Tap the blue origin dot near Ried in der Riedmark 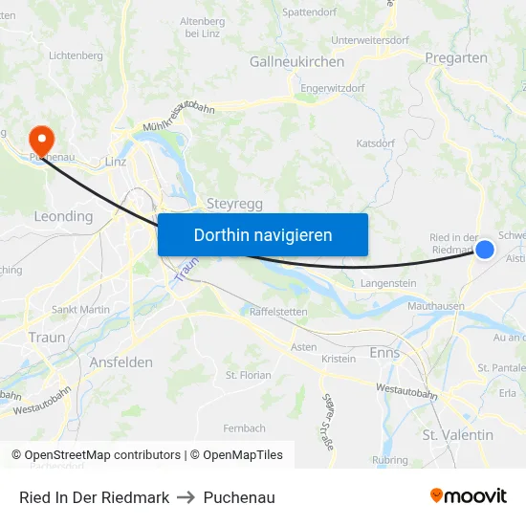click(x=485, y=250)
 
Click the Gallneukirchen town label click(x=296, y=61)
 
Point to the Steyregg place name click(x=229, y=203)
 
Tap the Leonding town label click(x=63, y=217)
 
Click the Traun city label click(x=47, y=338)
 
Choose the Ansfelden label click(x=121, y=362)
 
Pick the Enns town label click(x=384, y=353)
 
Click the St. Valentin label click(x=458, y=435)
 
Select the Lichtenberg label click(x=76, y=55)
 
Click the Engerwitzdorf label click(x=332, y=88)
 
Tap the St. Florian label click(x=249, y=375)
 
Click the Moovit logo click(x=468, y=496)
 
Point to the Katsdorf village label click(x=375, y=143)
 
